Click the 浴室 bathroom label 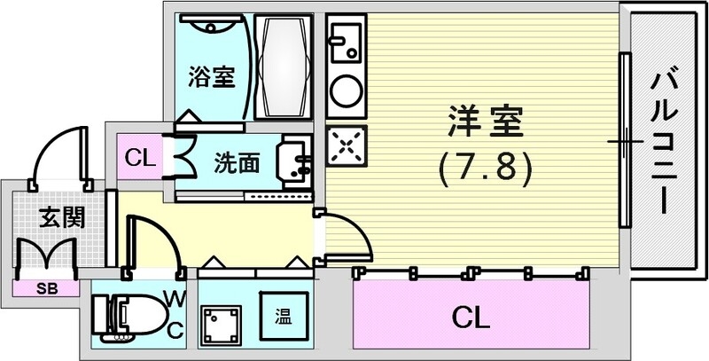coord(212,77)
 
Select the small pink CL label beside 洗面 coord(137,160)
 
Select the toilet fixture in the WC coord(133,313)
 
